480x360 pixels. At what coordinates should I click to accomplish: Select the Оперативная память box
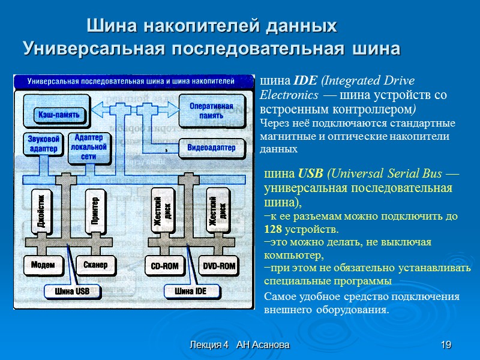pyautogui.click(x=211, y=110)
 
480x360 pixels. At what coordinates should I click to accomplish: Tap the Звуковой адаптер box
pyautogui.click(x=43, y=144)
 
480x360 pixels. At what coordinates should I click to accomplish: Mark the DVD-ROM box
pyautogui.click(x=218, y=265)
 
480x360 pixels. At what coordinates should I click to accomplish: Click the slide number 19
pyautogui.click(x=445, y=345)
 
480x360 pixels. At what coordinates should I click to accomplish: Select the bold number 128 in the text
pyautogui.click(x=273, y=229)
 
